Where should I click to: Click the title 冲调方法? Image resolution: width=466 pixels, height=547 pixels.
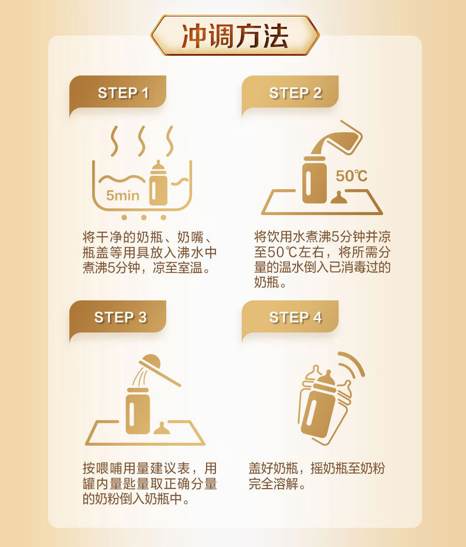point(235,36)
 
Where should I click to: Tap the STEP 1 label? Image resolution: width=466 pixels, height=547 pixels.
point(123,93)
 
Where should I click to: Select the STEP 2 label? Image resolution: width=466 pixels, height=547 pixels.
point(296,93)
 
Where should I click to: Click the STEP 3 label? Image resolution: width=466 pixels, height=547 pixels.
point(121,317)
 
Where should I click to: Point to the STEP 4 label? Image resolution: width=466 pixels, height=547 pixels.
point(296,317)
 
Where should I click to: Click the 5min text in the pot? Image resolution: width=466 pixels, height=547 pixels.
point(123,195)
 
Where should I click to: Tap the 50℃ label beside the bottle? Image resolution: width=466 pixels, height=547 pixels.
point(352,176)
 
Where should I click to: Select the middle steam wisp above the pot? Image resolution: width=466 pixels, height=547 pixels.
point(141,141)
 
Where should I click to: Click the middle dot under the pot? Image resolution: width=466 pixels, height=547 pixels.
point(143,217)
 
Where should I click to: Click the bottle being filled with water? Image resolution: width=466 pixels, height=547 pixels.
point(314,179)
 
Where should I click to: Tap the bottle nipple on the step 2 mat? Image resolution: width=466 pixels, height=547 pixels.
point(339,197)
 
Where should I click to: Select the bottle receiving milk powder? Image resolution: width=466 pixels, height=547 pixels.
point(138,411)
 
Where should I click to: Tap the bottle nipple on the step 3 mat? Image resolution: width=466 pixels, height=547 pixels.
point(162,429)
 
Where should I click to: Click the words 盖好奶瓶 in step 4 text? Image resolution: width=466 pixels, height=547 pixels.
point(273,468)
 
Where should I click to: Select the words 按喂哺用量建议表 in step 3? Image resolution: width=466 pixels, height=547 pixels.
point(136,468)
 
